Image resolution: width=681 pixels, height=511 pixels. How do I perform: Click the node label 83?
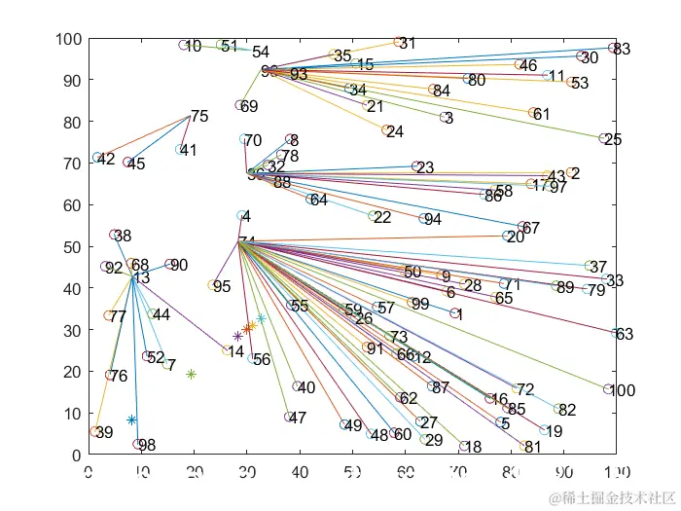pos(623,49)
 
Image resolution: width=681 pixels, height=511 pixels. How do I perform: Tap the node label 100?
pos(622,391)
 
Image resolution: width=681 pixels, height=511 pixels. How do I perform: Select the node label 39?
pos(104,432)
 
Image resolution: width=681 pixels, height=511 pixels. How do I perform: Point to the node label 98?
pos(147,446)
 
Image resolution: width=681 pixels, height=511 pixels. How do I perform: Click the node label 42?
pos(106,159)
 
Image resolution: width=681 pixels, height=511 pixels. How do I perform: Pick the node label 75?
pos(199,117)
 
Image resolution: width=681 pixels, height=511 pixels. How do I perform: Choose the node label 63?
pos(625,335)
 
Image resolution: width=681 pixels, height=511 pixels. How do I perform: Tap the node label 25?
pos(613,140)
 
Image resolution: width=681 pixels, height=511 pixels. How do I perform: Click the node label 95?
pos(222,286)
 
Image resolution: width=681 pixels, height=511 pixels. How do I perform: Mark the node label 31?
pos(408,43)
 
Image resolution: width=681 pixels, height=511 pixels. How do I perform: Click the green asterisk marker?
pos(191,375)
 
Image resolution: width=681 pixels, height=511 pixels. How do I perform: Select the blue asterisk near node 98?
pos(132,420)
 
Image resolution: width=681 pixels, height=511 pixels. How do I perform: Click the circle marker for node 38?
pos(114,235)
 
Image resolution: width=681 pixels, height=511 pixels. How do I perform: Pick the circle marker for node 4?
pos(241,216)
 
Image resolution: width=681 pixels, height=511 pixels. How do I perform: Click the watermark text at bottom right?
pos(610,498)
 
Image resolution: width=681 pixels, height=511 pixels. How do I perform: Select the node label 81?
pos(532,448)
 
